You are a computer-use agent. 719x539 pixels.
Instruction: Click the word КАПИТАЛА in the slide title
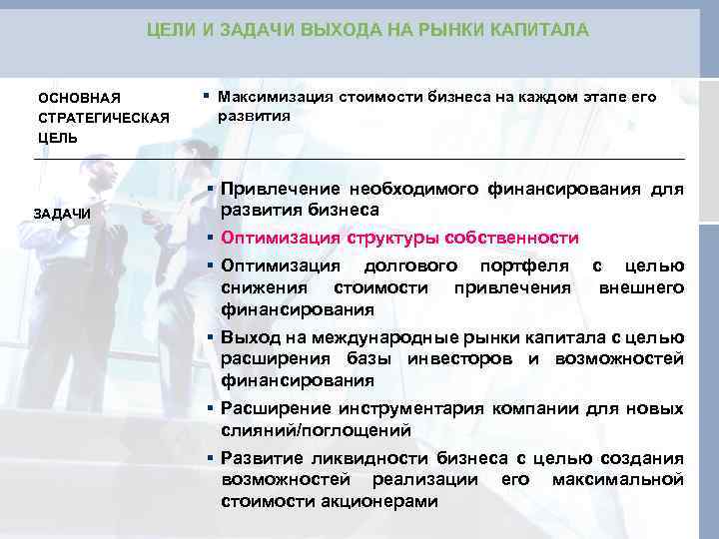[x=539, y=31]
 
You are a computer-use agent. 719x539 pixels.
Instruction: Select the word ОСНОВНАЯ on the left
[x=79, y=98]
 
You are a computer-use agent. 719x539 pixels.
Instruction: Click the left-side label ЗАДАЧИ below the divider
[x=62, y=214]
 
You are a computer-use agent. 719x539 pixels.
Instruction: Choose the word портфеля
[x=525, y=266]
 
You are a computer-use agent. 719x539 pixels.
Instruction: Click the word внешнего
[x=641, y=287]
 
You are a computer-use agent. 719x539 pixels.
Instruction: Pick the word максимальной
[x=619, y=480]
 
